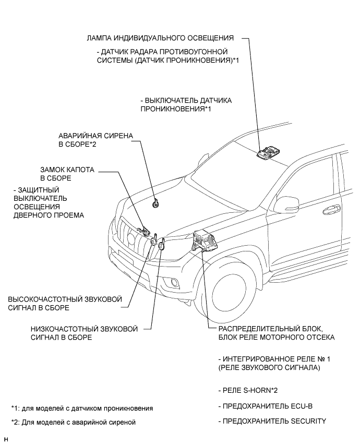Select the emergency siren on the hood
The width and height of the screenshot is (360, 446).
pyautogui.click(x=155, y=203)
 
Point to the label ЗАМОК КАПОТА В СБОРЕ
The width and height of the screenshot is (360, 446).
pyautogui.click(x=67, y=174)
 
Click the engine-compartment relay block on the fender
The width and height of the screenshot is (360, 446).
pyautogui.click(x=205, y=241)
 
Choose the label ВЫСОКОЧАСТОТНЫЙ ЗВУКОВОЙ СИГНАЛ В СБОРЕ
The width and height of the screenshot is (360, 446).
pyautogui.click(x=65, y=304)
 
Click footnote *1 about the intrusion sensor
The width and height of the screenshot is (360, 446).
pyautogui.click(x=82, y=407)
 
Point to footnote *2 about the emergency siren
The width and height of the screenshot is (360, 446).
pyautogui.click(x=73, y=423)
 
